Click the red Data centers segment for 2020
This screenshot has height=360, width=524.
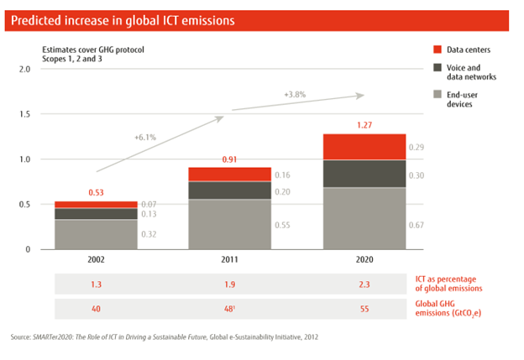click(365, 146)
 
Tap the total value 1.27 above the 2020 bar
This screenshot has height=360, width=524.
click(365, 126)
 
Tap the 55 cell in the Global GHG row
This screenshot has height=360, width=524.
click(365, 309)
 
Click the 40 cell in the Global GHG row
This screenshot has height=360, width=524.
click(97, 309)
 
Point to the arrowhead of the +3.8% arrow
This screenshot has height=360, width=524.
click(364, 95)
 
